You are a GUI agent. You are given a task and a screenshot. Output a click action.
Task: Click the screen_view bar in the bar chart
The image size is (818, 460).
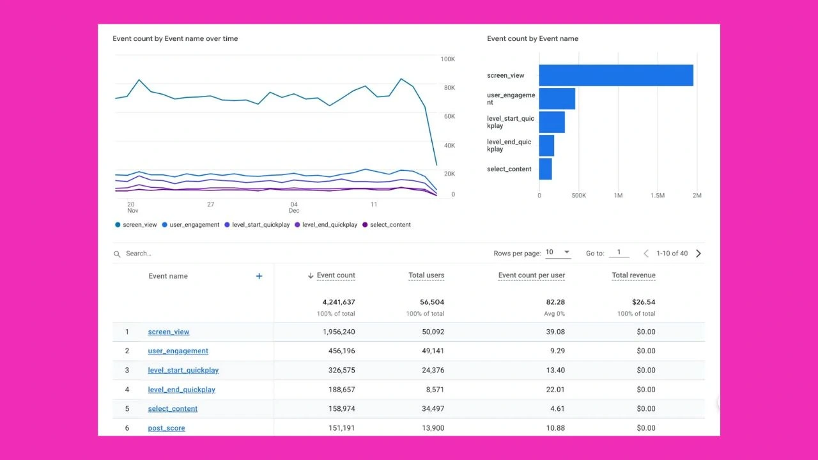(616, 75)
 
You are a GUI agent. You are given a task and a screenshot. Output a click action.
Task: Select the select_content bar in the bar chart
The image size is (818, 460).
(546, 169)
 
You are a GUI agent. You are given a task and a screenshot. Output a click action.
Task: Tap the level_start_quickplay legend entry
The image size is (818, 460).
(257, 224)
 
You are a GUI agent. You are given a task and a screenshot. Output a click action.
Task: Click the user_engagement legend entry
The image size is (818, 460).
(190, 224)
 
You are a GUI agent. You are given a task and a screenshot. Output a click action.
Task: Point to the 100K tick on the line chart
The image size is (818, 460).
(448, 59)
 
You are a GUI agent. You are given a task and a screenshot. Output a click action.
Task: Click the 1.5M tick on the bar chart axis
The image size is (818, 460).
(658, 195)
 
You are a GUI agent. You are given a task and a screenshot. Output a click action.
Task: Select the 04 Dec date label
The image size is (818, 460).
(294, 208)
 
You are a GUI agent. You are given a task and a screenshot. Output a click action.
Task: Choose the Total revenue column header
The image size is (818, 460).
(633, 275)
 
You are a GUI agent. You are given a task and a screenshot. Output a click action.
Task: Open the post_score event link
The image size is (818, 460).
(167, 428)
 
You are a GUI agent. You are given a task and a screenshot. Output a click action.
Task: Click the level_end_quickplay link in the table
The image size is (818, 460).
(181, 390)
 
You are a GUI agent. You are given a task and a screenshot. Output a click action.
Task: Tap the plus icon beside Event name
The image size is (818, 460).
(259, 276)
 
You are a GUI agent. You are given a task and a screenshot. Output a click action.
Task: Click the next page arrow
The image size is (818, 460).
(698, 254)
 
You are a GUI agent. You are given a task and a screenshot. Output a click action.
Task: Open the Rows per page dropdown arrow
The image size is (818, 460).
(567, 252)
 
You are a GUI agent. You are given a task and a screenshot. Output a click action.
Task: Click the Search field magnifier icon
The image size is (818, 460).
(117, 254)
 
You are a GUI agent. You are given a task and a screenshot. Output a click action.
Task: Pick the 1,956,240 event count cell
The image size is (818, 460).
(339, 332)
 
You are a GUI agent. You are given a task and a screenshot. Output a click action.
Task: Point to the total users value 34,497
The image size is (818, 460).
(433, 408)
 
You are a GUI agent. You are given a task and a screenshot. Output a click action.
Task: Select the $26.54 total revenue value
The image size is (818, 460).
(644, 302)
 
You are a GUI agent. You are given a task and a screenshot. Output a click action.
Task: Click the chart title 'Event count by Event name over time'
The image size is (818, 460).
(175, 38)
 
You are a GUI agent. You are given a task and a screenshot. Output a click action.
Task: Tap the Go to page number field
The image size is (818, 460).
(619, 252)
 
